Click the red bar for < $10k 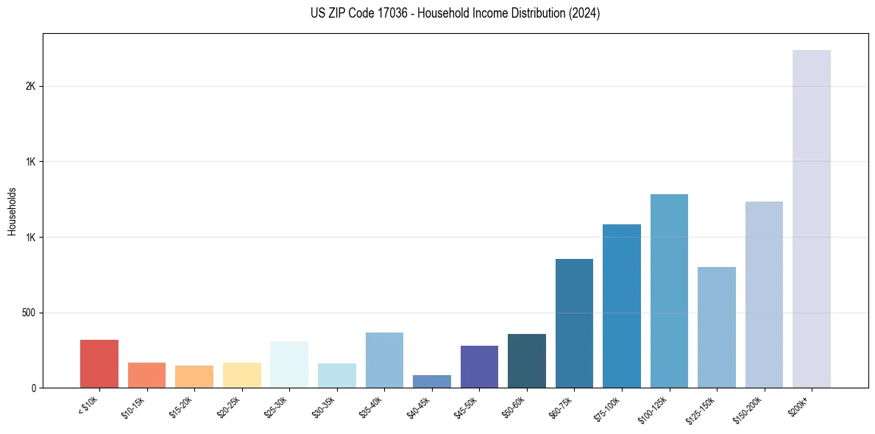click(99, 363)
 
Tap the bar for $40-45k click(432, 381)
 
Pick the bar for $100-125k click(669, 291)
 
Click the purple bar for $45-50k click(479, 366)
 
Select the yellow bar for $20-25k click(242, 374)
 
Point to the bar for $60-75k click(574, 323)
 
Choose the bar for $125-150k click(717, 327)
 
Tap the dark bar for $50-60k click(527, 360)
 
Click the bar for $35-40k click(384, 360)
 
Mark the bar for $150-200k click(764, 294)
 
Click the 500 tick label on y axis click(29, 313)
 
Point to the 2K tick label click(30, 86)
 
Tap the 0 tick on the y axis click(34, 388)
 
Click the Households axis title click(12, 211)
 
